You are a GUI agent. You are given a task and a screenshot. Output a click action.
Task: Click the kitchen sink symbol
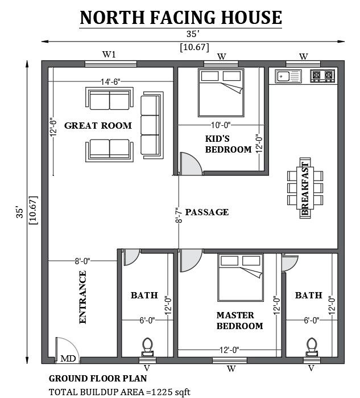click(x=288, y=76)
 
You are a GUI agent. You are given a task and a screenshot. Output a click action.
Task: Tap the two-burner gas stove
click(x=322, y=76)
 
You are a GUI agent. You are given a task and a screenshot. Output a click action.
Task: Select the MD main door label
click(x=68, y=358)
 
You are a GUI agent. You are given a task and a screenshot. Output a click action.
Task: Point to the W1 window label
click(x=109, y=54)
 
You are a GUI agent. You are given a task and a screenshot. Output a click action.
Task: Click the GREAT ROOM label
click(x=98, y=125)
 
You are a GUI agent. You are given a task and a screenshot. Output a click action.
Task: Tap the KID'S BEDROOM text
click(x=228, y=144)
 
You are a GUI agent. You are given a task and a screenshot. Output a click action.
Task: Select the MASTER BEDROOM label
click(x=239, y=321)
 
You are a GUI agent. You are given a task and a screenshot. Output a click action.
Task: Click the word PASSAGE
click(x=207, y=212)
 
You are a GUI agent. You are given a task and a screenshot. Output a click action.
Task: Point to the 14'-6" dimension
click(x=110, y=82)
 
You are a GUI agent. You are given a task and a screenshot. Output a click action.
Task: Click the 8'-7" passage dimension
click(x=179, y=215)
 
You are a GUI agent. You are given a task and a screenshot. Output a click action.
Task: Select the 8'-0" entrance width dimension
click(x=82, y=261)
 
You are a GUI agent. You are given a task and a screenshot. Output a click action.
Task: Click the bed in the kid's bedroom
click(x=221, y=93)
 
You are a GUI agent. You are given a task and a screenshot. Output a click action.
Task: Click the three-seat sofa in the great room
click(x=152, y=125)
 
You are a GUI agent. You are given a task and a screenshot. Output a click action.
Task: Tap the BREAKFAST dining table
click(x=305, y=188)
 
